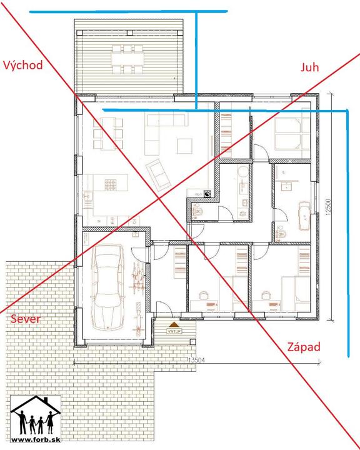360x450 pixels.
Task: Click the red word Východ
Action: click(x=22, y=66)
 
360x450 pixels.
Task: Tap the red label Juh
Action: click(x=310, y=67)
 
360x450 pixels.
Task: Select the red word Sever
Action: click(x=26, y=319)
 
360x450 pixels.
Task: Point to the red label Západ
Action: click(x=304, y=347)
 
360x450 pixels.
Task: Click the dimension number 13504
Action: click(x=196, y=360)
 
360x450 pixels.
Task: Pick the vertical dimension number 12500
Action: click(x=328, y=207)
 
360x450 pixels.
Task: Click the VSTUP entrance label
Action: click(x=174, y=331)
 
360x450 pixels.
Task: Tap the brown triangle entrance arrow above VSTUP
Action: click(x=174, y=324)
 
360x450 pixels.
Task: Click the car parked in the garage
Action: click(x=107, y=287)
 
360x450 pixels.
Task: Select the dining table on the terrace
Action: click(x=127, y=59)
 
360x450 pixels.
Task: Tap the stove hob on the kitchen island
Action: click(x=110, y=185)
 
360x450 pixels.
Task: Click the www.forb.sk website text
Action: click(x=36, y=439)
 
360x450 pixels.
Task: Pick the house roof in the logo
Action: click(x=36, y=404)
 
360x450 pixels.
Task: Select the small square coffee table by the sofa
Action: click(x=184, y=146)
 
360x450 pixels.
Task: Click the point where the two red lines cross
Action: click(x=159, y=197)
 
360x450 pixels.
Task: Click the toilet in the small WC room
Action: click(x=198, y=211)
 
